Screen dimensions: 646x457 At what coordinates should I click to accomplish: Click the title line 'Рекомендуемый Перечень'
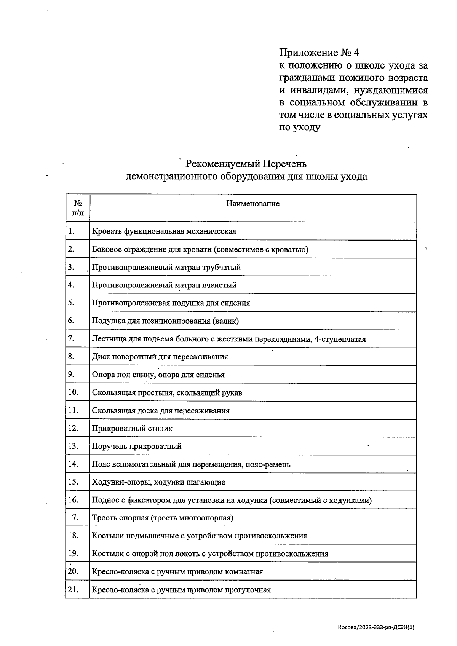(246, 164)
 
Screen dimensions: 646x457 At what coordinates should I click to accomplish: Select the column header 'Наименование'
(252, 204)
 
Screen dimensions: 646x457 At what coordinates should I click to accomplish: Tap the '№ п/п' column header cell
(78, 208)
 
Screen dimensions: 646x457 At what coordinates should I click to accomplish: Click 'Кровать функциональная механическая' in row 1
(164, 231)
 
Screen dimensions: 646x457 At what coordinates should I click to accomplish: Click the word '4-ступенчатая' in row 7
(340, 339)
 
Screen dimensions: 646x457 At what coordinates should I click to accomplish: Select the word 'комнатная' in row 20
(244, 572)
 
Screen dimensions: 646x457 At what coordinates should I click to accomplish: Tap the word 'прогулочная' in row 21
(248, 590)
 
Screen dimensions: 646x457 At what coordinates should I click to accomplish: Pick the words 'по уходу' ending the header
(300, 128)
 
